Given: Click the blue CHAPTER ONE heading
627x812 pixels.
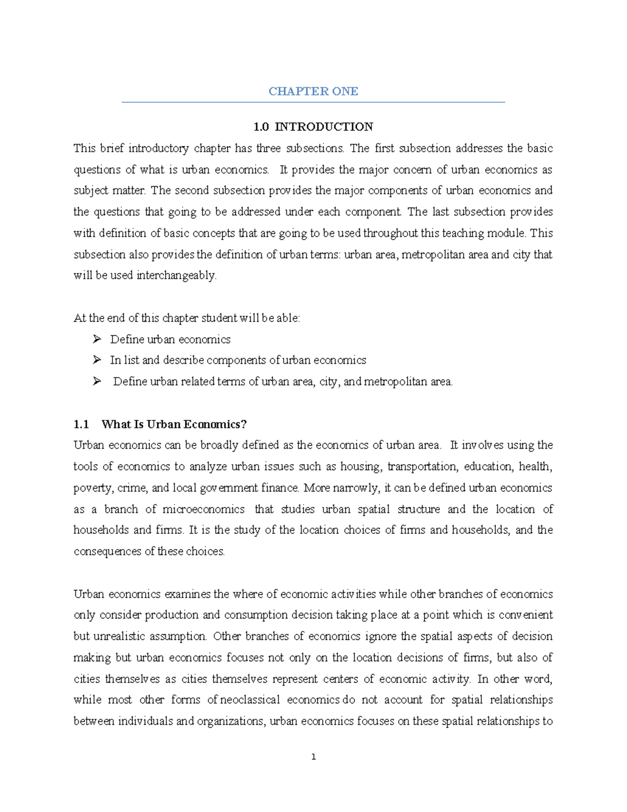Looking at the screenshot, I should [x=313, y=92].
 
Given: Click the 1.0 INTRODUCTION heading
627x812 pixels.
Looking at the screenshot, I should [x=313, y=127].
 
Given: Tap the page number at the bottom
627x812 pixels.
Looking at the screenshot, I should [x=313, y=757].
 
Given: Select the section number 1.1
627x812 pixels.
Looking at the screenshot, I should [x=82, y=424].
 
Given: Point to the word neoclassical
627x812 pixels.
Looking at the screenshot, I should [x=251, y=700].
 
